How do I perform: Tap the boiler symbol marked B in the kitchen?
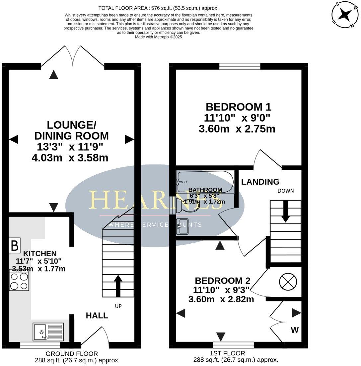pyautogui.click(x=15, y=246)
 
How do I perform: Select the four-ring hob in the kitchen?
pyautogui.click(x=19, y=280)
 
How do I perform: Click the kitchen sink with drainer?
pyautogui.click(x=48, y=332)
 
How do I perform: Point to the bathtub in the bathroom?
pyautogui.click(x=205, y=182)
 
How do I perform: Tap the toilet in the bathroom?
pyautogui.click(x=187, y=207)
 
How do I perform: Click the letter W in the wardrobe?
pyautogui.click(x=295, y=330)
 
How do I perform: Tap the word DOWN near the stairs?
pyautogui.click(x=286, y=191)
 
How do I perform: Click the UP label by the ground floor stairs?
pyautogui.click(x=118, y=306)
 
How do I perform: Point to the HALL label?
pyautogui.click(x=97, y=315)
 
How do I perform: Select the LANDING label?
pyautogui.click(x=260, y=182)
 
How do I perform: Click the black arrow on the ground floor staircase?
pyautogui.click(x=118, y=285)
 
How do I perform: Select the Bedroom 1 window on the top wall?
pyautogui.click(x=240, y=66)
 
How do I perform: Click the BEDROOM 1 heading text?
pyautogui.click(x=238, y=107)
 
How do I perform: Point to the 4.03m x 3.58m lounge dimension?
pyautogui.click(x=70, y=158)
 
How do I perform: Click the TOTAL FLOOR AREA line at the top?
pyautogui.click(x=159, y=8)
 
